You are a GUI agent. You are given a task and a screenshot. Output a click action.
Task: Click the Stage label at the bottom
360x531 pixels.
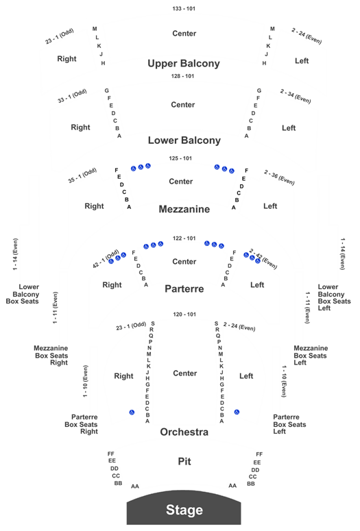point(184,510)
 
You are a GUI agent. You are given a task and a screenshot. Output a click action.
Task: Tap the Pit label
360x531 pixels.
point(184,461)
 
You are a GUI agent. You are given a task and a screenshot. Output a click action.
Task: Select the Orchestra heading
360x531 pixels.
point(184,432)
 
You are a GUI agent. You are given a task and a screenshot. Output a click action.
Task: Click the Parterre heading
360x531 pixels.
point(184,289)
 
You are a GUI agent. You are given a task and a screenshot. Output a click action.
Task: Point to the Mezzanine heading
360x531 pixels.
point(184,209)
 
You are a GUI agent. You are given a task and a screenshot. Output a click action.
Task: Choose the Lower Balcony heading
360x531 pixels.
point(184,140)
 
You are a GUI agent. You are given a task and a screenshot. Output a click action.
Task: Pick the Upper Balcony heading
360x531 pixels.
point(184,63)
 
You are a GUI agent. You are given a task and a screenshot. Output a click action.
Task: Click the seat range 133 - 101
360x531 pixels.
point(184,8)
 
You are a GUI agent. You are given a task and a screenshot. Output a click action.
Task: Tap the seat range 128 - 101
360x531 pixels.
point(182,76)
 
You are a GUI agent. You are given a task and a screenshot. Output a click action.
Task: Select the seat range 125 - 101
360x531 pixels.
point(180,158)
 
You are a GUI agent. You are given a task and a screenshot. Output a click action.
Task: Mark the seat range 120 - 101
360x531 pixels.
point(184,314)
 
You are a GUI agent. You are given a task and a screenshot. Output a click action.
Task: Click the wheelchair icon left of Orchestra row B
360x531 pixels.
point(132,412)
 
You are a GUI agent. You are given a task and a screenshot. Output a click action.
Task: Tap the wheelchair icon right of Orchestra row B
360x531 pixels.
point(237,412)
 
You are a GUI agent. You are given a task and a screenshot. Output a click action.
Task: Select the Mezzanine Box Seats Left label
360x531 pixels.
point(311,355)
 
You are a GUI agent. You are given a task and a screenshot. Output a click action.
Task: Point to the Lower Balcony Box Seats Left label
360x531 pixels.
point(334,297)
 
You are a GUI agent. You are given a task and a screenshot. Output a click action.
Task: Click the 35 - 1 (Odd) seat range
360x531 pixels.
point(82,175)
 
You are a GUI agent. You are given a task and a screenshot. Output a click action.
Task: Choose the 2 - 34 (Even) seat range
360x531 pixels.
point(296,96)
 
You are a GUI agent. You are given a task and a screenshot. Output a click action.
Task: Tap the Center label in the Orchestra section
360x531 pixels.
point(184,373)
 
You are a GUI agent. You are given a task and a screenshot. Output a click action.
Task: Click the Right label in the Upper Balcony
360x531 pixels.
point(67,59)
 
